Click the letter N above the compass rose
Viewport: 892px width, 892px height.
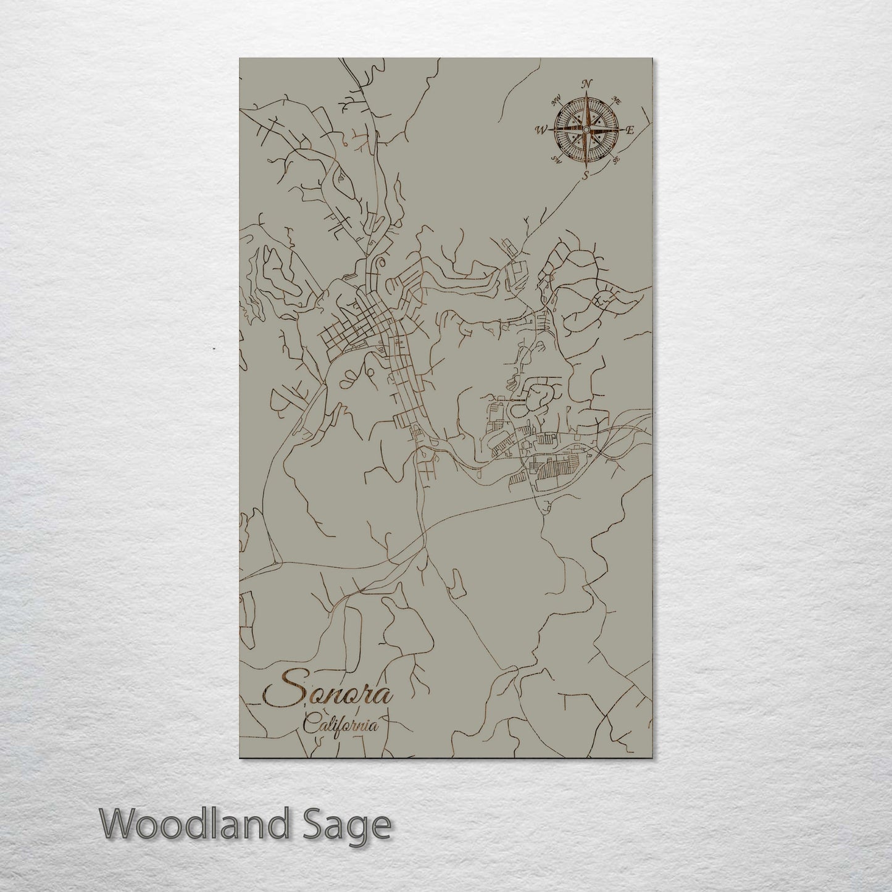(x=588, y=84)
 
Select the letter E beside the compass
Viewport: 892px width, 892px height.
(x=630, y=130)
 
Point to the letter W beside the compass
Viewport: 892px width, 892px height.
(x=541, y=130)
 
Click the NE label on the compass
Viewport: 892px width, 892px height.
(x=615, y=100)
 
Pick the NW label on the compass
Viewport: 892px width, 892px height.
(x=556, y=99)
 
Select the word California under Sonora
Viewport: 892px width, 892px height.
(x=341, y=725)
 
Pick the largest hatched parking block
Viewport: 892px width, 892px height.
(x=556, y=473)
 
